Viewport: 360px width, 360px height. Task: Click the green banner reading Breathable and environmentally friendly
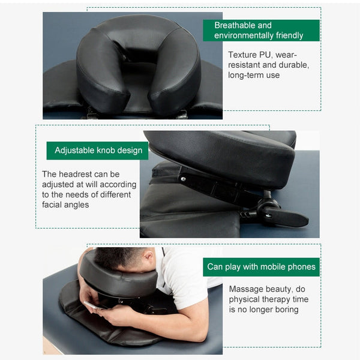tap(261, 31)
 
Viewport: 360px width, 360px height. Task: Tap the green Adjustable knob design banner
tap(98, 151)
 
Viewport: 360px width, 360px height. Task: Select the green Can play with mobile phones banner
tap(261, 267)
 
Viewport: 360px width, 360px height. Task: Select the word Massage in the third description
tap(247, 289)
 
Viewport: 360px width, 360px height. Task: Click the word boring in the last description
tap(284, 310)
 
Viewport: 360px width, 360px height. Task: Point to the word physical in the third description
tap(246, 299)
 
